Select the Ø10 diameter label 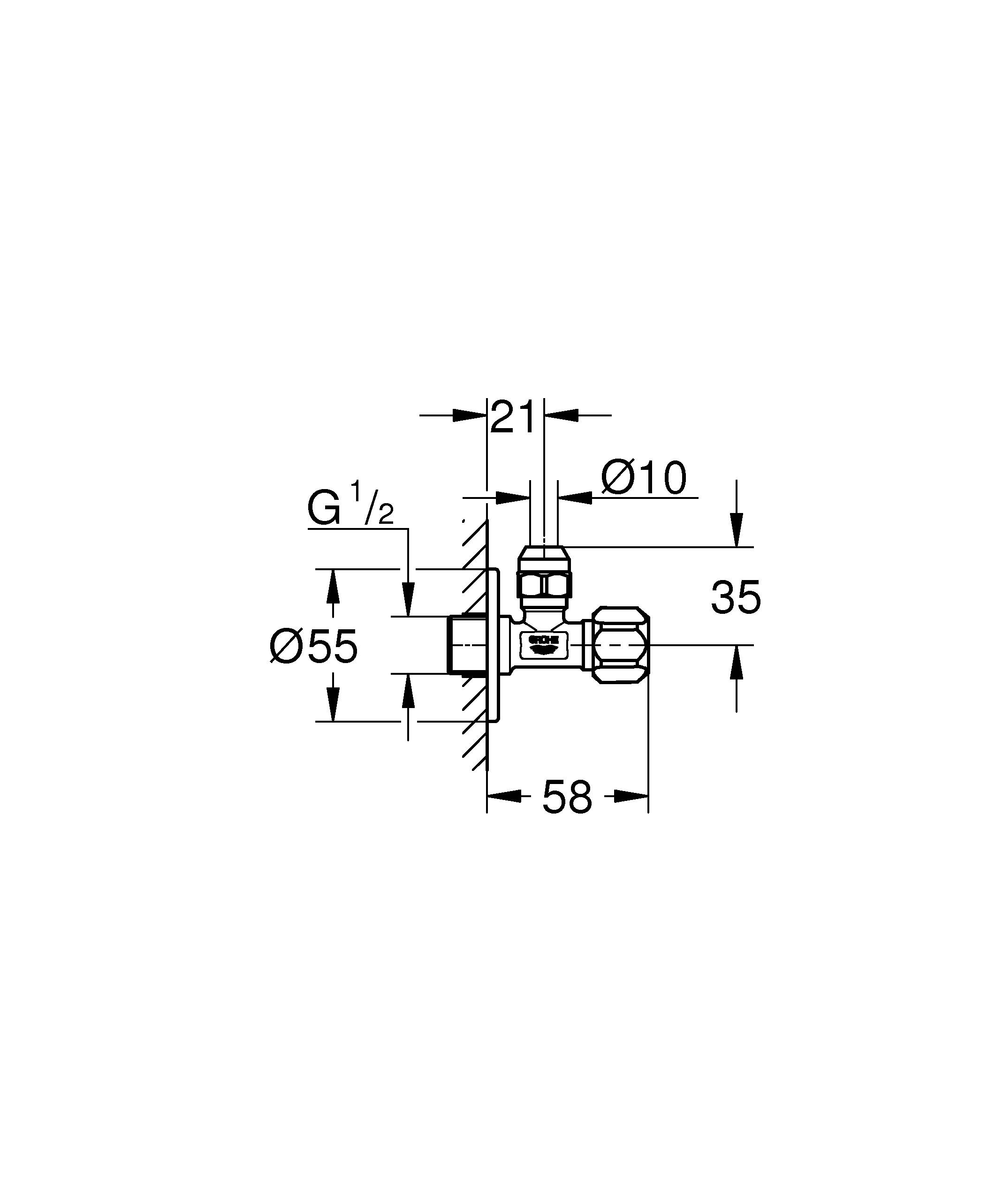644,478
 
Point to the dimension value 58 567,798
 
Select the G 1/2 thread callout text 350,509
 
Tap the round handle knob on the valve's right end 621,645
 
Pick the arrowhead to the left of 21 469,415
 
